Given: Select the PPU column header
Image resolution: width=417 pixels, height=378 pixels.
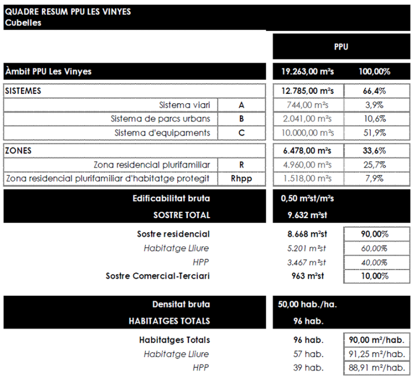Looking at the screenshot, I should (341, 47).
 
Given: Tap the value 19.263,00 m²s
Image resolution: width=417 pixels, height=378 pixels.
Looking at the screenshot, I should (307, 71).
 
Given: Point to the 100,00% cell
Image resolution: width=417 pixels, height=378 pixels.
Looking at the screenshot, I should (374, 71).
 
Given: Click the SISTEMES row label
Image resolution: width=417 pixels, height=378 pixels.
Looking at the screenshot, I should (23, 91).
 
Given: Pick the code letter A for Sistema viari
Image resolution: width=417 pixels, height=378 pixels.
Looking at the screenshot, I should (241, 105).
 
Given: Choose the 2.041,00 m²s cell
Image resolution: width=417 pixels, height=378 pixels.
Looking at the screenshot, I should (307, 119).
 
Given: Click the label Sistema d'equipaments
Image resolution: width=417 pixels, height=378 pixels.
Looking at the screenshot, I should (162, 133).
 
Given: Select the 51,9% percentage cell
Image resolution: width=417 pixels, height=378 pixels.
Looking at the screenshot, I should (374, 133).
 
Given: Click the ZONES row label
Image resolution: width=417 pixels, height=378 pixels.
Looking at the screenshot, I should (18, 151).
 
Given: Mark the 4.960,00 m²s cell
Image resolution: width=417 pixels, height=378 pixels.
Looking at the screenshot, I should (307, 165).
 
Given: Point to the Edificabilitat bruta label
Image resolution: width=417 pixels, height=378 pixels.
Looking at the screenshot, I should (171, 199).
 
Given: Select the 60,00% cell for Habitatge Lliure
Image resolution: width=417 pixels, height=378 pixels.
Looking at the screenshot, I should (374, 248).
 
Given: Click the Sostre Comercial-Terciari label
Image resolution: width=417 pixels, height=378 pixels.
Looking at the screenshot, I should (158, 276).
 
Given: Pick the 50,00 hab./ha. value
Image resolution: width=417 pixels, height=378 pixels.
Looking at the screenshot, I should (309, 305).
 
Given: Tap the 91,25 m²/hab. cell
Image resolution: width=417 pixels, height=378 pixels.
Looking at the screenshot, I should (375, 354).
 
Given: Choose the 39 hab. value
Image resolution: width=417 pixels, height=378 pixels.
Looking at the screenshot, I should (307, 368).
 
